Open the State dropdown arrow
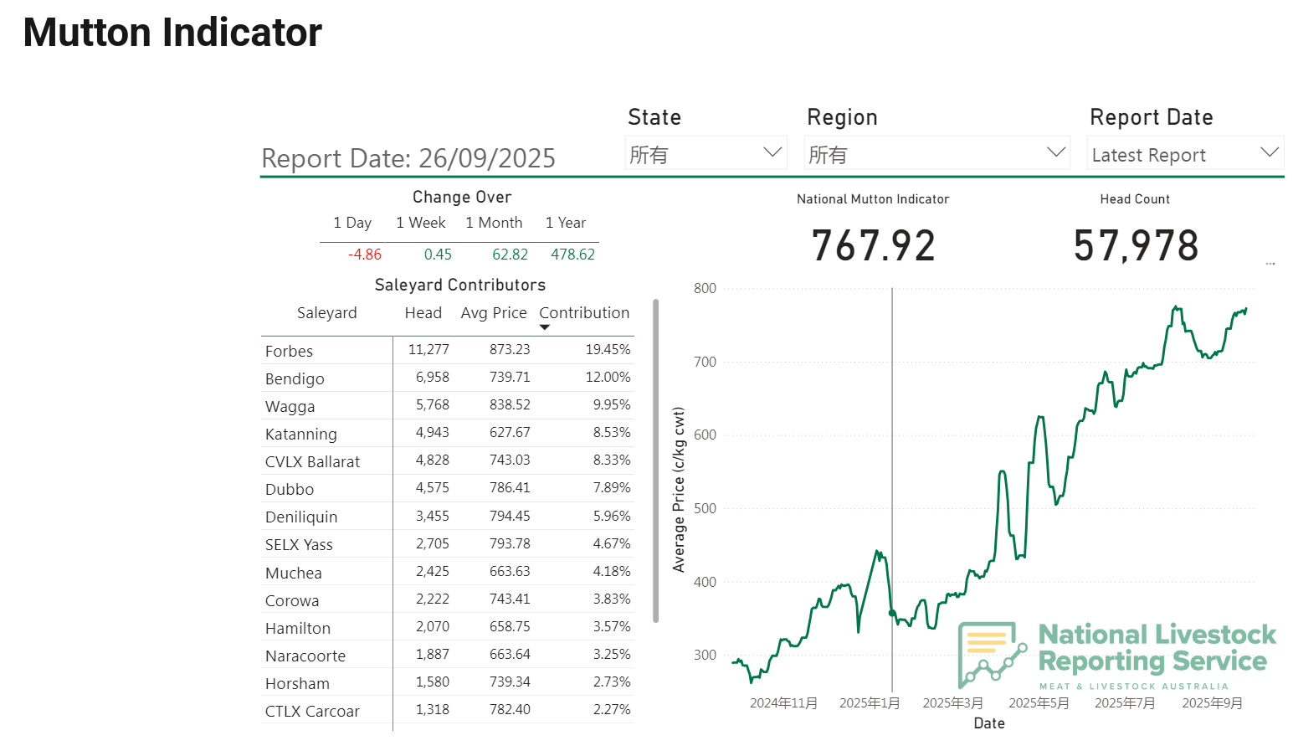point(772,152)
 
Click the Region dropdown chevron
point(1056,152)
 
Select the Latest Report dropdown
point(1184,155)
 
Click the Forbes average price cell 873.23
point(510,350)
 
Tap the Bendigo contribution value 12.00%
point(608,378)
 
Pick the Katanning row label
point(301,434)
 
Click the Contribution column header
point(584,313)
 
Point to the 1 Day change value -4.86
point(365,255)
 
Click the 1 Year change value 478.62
point(572,255)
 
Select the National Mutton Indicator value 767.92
point(873,246)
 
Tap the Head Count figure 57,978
point(1136,246)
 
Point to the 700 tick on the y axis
point(705,363)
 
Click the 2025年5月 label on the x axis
point(1039,703)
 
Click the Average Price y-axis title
point(679,490)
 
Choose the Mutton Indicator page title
point(172,33)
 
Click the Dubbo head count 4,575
point(432,488)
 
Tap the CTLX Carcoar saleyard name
point(312,712)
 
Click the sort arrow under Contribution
point(545,327)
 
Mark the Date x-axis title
point(989,723)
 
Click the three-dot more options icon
point(1270,264)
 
